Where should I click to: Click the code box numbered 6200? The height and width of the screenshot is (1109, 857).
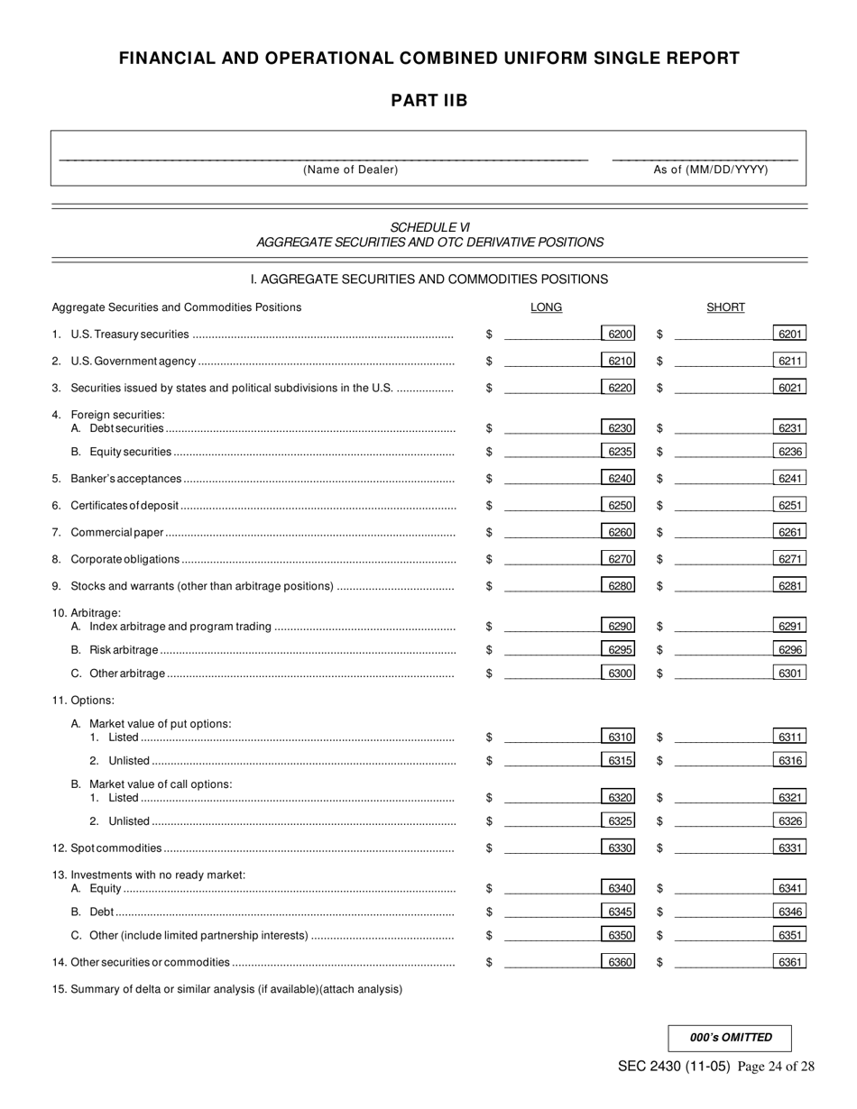coord(619,335)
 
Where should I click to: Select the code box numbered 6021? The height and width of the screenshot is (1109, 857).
coord(789,388)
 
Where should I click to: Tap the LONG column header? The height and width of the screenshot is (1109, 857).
coord(546,307)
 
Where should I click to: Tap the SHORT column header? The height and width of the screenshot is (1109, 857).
coord(725,307)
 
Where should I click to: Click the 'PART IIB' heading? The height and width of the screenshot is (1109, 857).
coord(428,101)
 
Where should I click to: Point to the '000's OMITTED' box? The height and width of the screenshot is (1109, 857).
coord(730,1038)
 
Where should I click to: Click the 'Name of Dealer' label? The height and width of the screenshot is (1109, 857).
coord(350,170)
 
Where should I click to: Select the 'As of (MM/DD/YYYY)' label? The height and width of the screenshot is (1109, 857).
coord(711,170)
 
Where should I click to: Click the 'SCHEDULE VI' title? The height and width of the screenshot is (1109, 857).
coord(429,227)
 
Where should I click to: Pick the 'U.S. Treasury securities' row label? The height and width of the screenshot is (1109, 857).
coord(129,335)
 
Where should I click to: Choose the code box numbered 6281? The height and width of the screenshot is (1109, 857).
coord(789,586)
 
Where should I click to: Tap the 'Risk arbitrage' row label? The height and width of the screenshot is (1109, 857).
coord(124,650)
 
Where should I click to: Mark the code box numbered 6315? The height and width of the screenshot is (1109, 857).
coord(619,761)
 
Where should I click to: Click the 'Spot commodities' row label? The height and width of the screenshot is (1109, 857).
coord(115,848)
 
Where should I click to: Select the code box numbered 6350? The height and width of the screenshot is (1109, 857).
coord(619,935)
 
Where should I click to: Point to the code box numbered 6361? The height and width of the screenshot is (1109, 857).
coord(789,962)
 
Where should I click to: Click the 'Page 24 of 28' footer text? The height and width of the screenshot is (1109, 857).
coord(776,1067)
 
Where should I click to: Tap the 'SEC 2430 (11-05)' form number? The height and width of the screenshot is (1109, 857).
coord(674,1067)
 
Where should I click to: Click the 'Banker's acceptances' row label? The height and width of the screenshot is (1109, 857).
coord(125,479)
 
